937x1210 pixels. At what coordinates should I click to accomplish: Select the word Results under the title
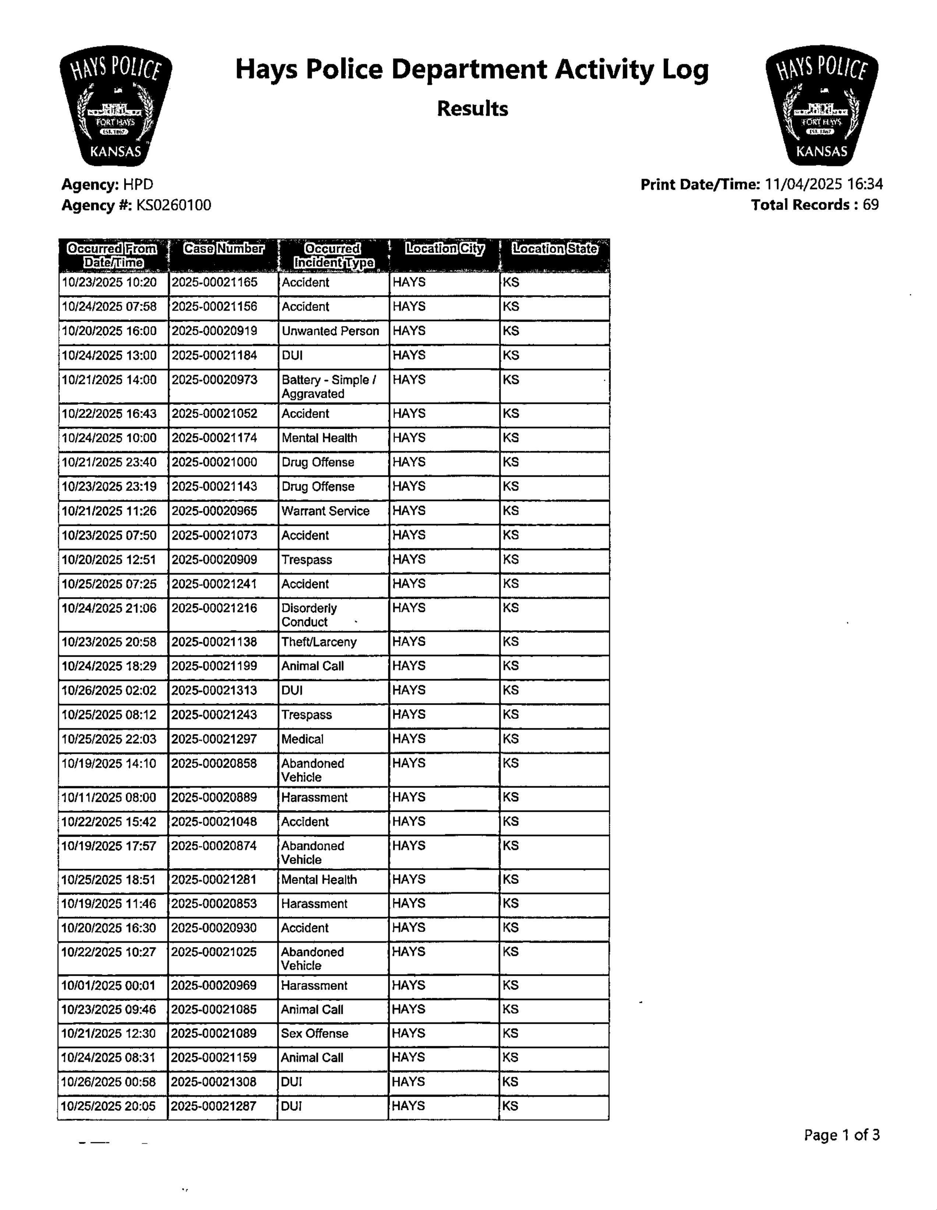tap(472, 109)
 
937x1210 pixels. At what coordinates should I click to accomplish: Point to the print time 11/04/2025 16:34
tap(823, 184)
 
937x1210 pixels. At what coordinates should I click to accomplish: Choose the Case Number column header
tap(223, 249)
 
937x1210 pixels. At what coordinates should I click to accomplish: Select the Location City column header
tap(445, 249)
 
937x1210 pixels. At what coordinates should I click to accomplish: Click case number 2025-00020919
tap(215, 331)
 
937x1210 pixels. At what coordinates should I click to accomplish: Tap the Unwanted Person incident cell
tap(330, 331)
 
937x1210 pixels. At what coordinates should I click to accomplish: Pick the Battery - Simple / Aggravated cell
tap(329, 387)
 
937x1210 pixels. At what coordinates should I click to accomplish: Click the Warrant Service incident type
tap(325, 511)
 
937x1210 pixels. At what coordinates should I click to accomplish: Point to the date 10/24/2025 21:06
tap(109, 608)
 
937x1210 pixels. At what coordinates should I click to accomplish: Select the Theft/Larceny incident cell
tap(319, 642)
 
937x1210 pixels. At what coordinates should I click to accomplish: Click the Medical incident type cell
tap(303, 739)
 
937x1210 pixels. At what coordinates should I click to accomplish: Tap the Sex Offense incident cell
tap(314, 1033)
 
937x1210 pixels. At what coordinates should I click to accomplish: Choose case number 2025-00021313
tap(215, 690)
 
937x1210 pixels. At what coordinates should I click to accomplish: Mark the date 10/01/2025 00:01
tap(109, 986)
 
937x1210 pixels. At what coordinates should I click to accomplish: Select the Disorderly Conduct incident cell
tap(309, 615)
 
